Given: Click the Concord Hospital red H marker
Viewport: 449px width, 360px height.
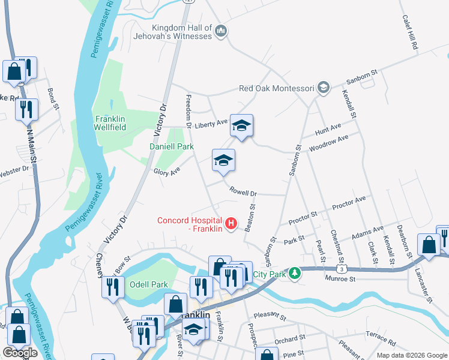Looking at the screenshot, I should tap(231, 225).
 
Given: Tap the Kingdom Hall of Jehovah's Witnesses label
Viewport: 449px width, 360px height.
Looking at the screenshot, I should tap(182, 32).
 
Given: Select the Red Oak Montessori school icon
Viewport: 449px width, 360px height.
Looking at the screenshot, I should tap(324, 88).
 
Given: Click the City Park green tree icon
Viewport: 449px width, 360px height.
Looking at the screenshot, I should tap(294, 274).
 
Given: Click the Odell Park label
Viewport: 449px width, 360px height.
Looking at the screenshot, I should tap(148, 284).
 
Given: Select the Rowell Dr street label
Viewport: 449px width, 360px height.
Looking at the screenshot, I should tap(243, 193).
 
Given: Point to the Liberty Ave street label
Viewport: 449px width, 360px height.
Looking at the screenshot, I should tap(211, 124).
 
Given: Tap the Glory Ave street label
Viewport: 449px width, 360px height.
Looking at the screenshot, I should tap(167, 172).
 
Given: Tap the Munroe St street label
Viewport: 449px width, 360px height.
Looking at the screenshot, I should tap(340, 278).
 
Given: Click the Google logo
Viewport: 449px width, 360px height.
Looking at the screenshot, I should tap(20, 353).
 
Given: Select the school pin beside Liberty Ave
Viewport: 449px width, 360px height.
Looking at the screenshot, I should tap(241, 126).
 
